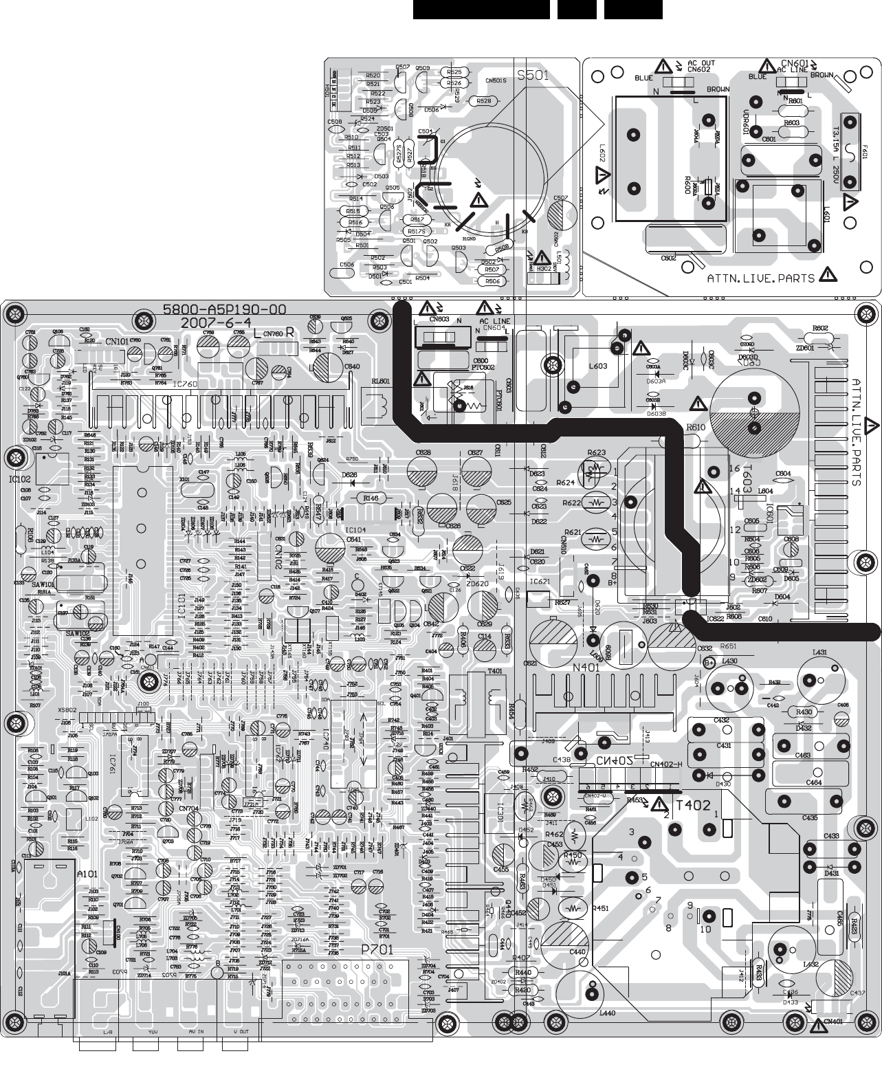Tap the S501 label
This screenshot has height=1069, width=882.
(533, 76)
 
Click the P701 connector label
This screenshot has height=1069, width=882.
(377, 949)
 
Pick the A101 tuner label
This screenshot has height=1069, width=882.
(87, 873)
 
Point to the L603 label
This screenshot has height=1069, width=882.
(597, 366)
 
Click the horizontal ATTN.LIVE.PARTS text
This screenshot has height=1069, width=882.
(761, 278)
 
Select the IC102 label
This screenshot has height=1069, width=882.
(21, 478)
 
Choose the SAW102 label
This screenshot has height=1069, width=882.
(78, 633)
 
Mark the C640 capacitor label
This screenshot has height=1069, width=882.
(351, 366)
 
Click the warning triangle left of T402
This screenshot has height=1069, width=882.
(659, 804)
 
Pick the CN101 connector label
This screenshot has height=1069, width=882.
(117, 341)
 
